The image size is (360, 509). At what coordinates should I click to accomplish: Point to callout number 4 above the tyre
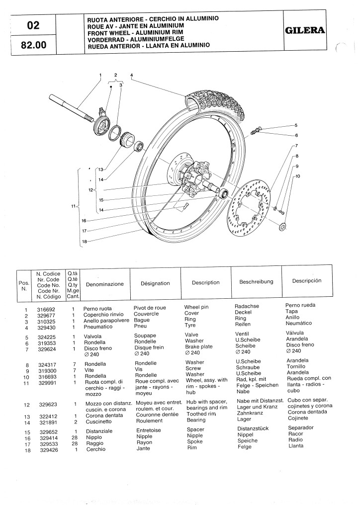pyautogui.click(x=131, y=75)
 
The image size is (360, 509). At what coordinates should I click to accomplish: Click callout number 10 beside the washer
pyautogui.click(x=298, y=175)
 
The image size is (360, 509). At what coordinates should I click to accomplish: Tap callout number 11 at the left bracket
pyautogui.click(x=73, y=206)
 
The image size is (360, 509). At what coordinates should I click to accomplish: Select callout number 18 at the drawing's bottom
pyautogui.click(x=85, y=242)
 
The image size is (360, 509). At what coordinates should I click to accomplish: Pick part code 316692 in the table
pyautogui.click(x=47, y=309)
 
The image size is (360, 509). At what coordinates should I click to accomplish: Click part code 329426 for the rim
pyautogui.click(x=47, y=449)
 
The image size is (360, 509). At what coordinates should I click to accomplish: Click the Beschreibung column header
pyautogui.click(x=256, y=281)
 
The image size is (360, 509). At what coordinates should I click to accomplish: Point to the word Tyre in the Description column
pyautogui.click(x=190, y=325)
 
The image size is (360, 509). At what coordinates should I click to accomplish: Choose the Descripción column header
pyautogui.click(x=306, y=280)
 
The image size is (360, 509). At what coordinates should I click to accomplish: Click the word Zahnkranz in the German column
pyautogui.click(x=251, y=412)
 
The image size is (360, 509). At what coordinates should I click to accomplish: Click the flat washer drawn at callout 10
pyautogui.click(x=283, y=227)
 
